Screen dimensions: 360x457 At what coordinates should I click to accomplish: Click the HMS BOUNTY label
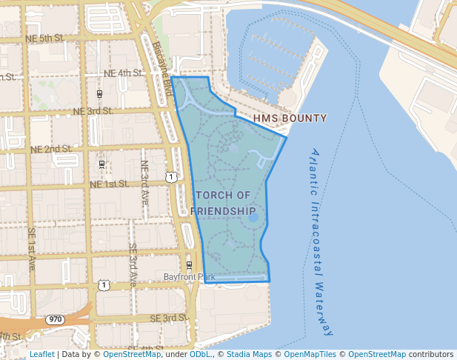click(290, 119)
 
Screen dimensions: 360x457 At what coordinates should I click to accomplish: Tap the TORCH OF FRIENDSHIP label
click(224, 203)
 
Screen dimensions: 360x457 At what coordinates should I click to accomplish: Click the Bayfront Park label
click(189, 278)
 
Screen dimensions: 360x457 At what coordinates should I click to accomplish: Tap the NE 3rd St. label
click(93, 111)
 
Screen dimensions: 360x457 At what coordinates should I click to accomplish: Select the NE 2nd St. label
click(51, 149)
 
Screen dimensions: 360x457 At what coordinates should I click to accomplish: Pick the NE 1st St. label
click(109, 184)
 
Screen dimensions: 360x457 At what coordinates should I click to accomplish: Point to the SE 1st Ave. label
click(32, 248)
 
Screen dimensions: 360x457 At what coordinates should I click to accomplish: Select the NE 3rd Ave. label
click(144, 183)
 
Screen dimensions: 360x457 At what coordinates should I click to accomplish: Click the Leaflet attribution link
click(41, 355)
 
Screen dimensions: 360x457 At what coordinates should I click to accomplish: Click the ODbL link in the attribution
click(201, 355)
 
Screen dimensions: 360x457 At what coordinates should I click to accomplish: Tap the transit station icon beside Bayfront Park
click(189, 265)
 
